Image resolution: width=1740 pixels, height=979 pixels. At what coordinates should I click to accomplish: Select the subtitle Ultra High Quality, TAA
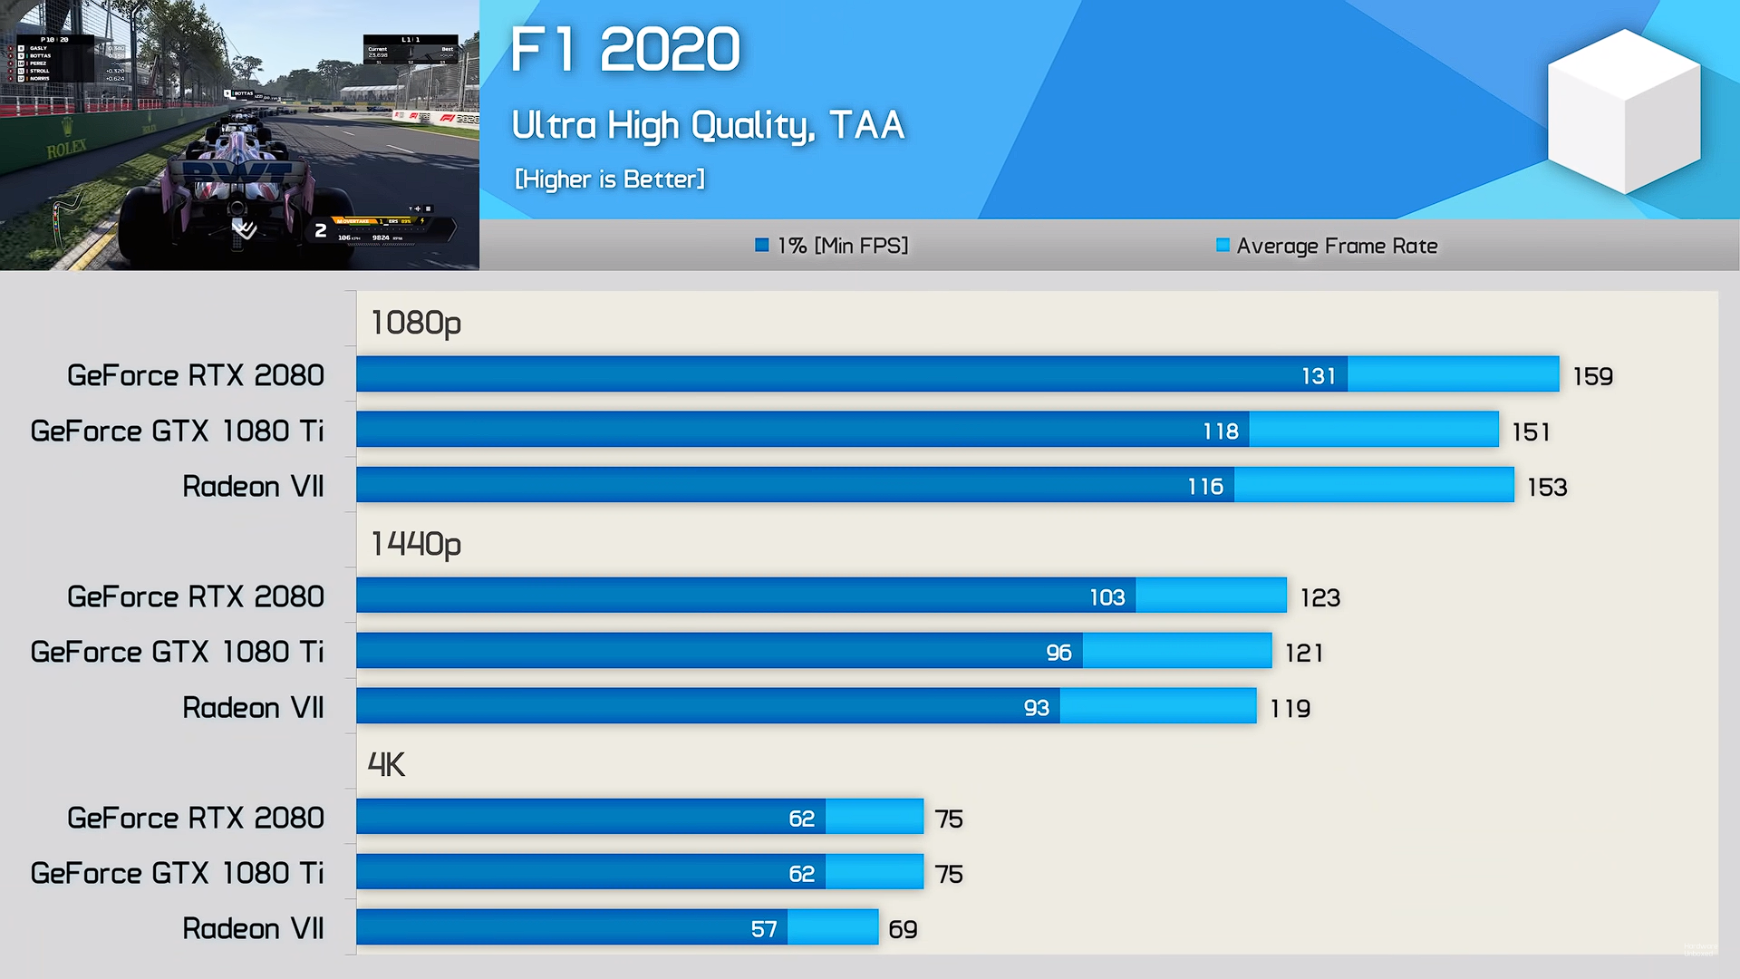[x=708, y=125]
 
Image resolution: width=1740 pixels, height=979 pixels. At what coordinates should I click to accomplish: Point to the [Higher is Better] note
[x=609, y=179]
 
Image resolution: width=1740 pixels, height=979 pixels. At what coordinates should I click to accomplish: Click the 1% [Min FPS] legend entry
[x=832, y=246]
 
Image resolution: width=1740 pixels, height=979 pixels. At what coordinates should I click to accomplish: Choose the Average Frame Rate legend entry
[x=1327, y=246]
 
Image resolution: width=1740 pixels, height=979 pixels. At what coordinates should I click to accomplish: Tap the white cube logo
[x=1623, y=111]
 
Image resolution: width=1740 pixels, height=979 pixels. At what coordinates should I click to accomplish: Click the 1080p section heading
[x=416, y=323]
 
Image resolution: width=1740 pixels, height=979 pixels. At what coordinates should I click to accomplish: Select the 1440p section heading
[x=416, y=544]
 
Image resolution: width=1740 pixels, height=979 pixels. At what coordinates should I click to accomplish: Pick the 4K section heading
[x=386, y=765]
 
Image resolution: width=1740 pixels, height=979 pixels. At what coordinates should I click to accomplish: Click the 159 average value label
[x=1592, y=376]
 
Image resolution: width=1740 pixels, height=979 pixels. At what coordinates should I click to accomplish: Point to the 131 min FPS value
[x=1319, y=376]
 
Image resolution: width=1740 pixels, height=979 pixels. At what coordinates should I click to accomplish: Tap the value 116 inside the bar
[x=1205, y=487]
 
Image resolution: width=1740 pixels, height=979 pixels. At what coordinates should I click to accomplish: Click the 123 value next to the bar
[x=1319, y=597]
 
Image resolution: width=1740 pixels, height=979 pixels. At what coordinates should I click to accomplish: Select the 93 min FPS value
[x=1036, y=708]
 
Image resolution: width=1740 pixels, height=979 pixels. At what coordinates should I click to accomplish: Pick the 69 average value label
[x=903, y=929]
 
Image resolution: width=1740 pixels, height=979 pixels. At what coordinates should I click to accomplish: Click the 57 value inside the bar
[x=763, y=929]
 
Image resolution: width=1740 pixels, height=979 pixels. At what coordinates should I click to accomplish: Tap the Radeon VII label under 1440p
[x=253, y=708]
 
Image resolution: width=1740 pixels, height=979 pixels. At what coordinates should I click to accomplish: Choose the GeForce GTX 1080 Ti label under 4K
[x=177, y=874]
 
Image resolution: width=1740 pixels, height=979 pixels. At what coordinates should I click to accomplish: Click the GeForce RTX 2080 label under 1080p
[x=195, y=376]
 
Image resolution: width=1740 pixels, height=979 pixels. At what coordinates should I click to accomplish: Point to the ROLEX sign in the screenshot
[x=67, y=149]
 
